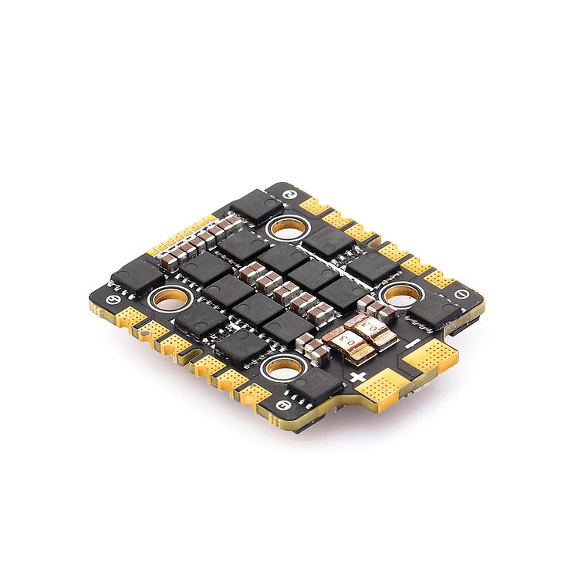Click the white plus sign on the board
(358, 378)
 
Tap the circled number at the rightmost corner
(460, 293)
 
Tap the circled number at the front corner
(288, 403)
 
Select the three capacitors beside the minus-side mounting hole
(378, 309)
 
